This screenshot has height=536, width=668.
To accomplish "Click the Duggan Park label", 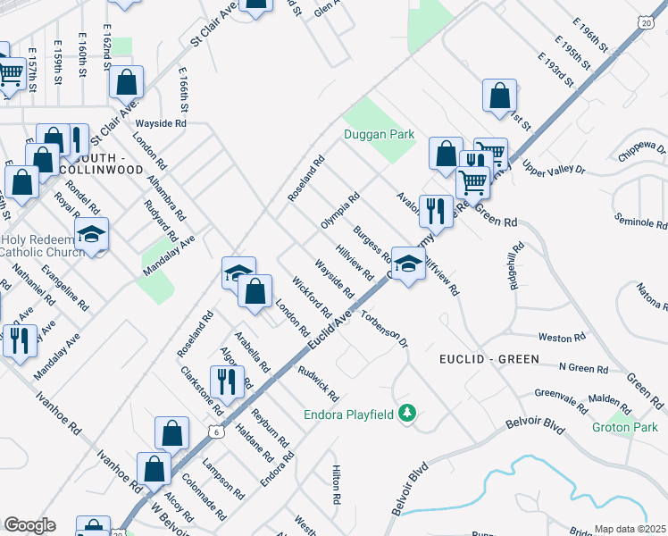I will (x=380, y=135).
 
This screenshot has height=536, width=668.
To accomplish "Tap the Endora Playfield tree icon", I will (x=407, y=413).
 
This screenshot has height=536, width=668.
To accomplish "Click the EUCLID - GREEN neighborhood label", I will (x=489, y=359).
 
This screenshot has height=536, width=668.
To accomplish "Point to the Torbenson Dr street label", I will (x=385, y=329).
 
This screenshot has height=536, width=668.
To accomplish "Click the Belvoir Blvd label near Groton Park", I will (x=535, y=423).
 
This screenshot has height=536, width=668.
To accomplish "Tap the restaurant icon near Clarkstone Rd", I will (x=227, y=381).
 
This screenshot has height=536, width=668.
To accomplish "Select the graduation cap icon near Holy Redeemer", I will (x=91, y=234).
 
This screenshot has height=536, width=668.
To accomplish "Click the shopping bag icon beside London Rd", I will (x=255, y=290).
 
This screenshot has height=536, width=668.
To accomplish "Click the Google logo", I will (x=29, y=525).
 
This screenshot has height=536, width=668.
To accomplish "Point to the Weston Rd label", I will (x=562, y=338).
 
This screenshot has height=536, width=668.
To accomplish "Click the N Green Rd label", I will (x=583, y=368).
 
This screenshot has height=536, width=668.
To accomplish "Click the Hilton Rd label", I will (x=337, y=488).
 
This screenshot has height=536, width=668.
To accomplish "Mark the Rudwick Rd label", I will (x=318, y=384).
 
